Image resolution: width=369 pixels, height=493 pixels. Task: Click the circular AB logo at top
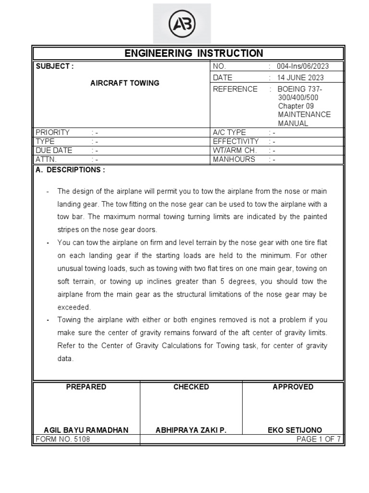point(182,24)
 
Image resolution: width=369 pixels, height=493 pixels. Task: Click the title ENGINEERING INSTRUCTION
point(194,53)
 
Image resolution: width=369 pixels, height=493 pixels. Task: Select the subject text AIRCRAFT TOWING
point(125,83)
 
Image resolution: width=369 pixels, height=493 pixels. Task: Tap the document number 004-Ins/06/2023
point(303,66)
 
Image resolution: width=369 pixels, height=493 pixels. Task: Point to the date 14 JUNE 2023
point(300,78)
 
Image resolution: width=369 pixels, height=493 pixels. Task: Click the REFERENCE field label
point(235,89)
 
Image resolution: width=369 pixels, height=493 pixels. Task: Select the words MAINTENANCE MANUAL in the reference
point(304,119)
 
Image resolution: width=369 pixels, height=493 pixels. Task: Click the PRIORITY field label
point(53,132)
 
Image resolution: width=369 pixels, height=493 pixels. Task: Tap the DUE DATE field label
point(54,150)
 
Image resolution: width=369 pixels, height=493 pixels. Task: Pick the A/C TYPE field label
point(229,132)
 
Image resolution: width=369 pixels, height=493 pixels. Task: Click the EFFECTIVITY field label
point(236,142)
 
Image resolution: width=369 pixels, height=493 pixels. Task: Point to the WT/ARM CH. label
point(235,150)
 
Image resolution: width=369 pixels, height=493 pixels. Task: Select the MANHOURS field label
point(234,159)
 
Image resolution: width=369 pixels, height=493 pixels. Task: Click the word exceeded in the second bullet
point(74,307)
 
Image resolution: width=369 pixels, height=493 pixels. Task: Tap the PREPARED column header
point(86,387)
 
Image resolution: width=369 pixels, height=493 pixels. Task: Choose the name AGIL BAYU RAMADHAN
point(86,430)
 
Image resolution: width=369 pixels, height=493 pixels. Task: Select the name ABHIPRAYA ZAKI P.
point(191,430)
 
